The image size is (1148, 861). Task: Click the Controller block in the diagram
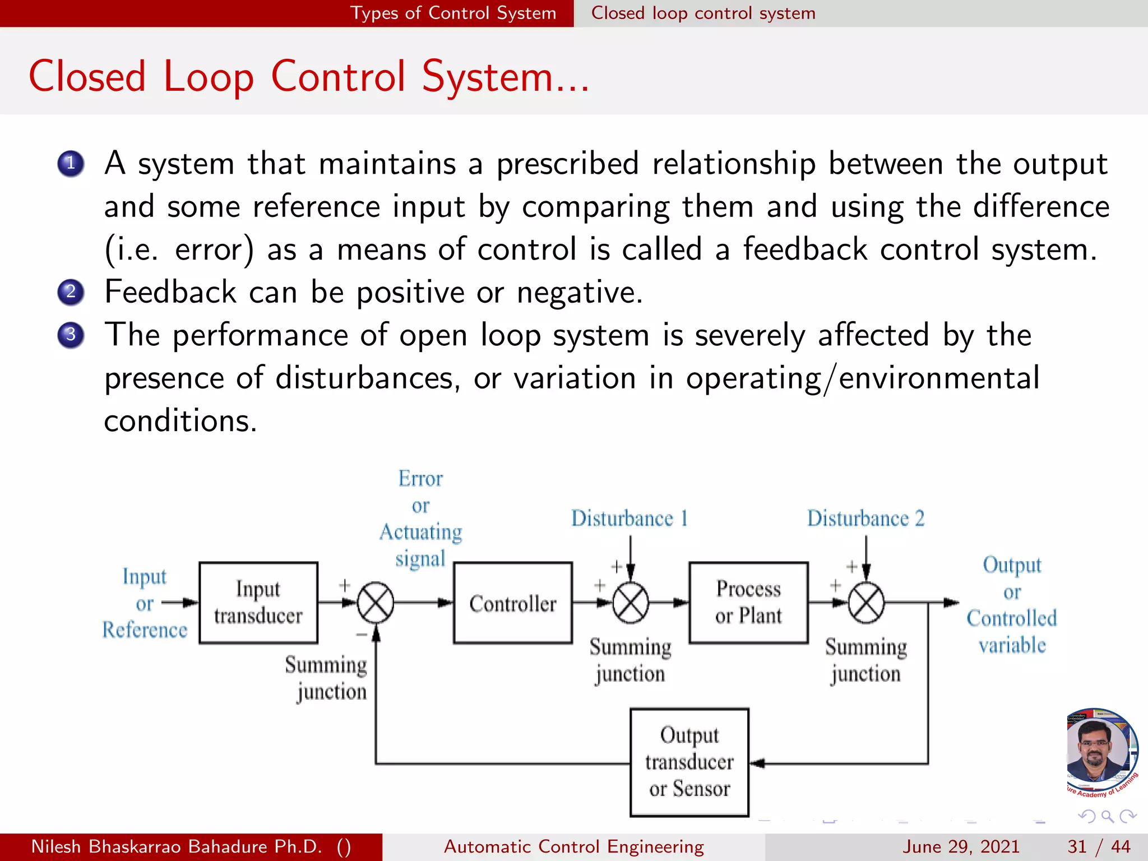point(512,603)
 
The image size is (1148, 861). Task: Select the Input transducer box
point(258,603)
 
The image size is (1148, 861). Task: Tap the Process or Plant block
point(748,603)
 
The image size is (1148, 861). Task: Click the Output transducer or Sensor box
point(689,762)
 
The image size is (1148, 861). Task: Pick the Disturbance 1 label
point(629,519)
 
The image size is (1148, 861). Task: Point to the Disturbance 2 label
point(865,519)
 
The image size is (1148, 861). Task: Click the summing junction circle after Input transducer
point(376,603)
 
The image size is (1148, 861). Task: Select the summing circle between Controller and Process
point(631,603)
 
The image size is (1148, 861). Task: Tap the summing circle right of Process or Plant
point(866,603)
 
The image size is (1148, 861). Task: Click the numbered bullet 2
point(71,292)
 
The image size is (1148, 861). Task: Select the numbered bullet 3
point(71,335)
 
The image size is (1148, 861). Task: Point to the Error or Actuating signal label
point(420,519)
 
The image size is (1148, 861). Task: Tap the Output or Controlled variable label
point(1012,605)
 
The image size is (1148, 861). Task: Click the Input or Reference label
point(145,604)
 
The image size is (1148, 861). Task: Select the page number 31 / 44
point(1099,846)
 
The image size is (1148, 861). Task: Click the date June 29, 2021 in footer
point(961,846)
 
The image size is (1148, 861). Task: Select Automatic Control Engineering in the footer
point(573,846)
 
